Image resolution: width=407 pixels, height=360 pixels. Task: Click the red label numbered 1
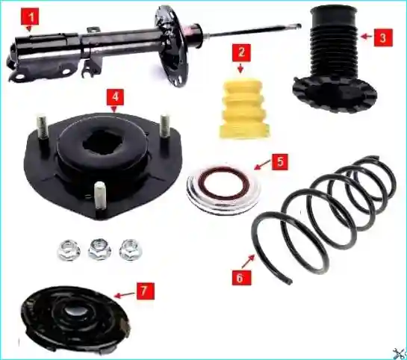click(x=31, y=17)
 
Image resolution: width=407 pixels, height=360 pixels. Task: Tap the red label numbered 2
click(x=241, y=53)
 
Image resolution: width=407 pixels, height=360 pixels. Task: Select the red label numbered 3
click(x=383, y=37)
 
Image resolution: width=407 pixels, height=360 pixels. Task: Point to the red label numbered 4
click(x=116, y=97)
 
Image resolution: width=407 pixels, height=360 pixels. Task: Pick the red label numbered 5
click(x=280, y=162)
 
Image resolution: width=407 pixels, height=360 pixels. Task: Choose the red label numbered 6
click(x=242, y=278)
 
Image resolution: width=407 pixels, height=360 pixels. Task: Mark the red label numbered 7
click(x=145, y=291)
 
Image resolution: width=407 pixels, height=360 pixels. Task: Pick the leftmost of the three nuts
click(x=69, y=249)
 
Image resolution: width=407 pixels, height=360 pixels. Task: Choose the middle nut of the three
click(x=99, y=249)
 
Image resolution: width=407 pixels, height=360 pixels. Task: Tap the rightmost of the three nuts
click(x=131, y=249)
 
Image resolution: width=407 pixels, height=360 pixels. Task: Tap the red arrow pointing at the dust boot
click(x=367, y=37)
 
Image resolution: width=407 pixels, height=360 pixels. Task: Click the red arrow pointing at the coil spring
click(x=249, y=261)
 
